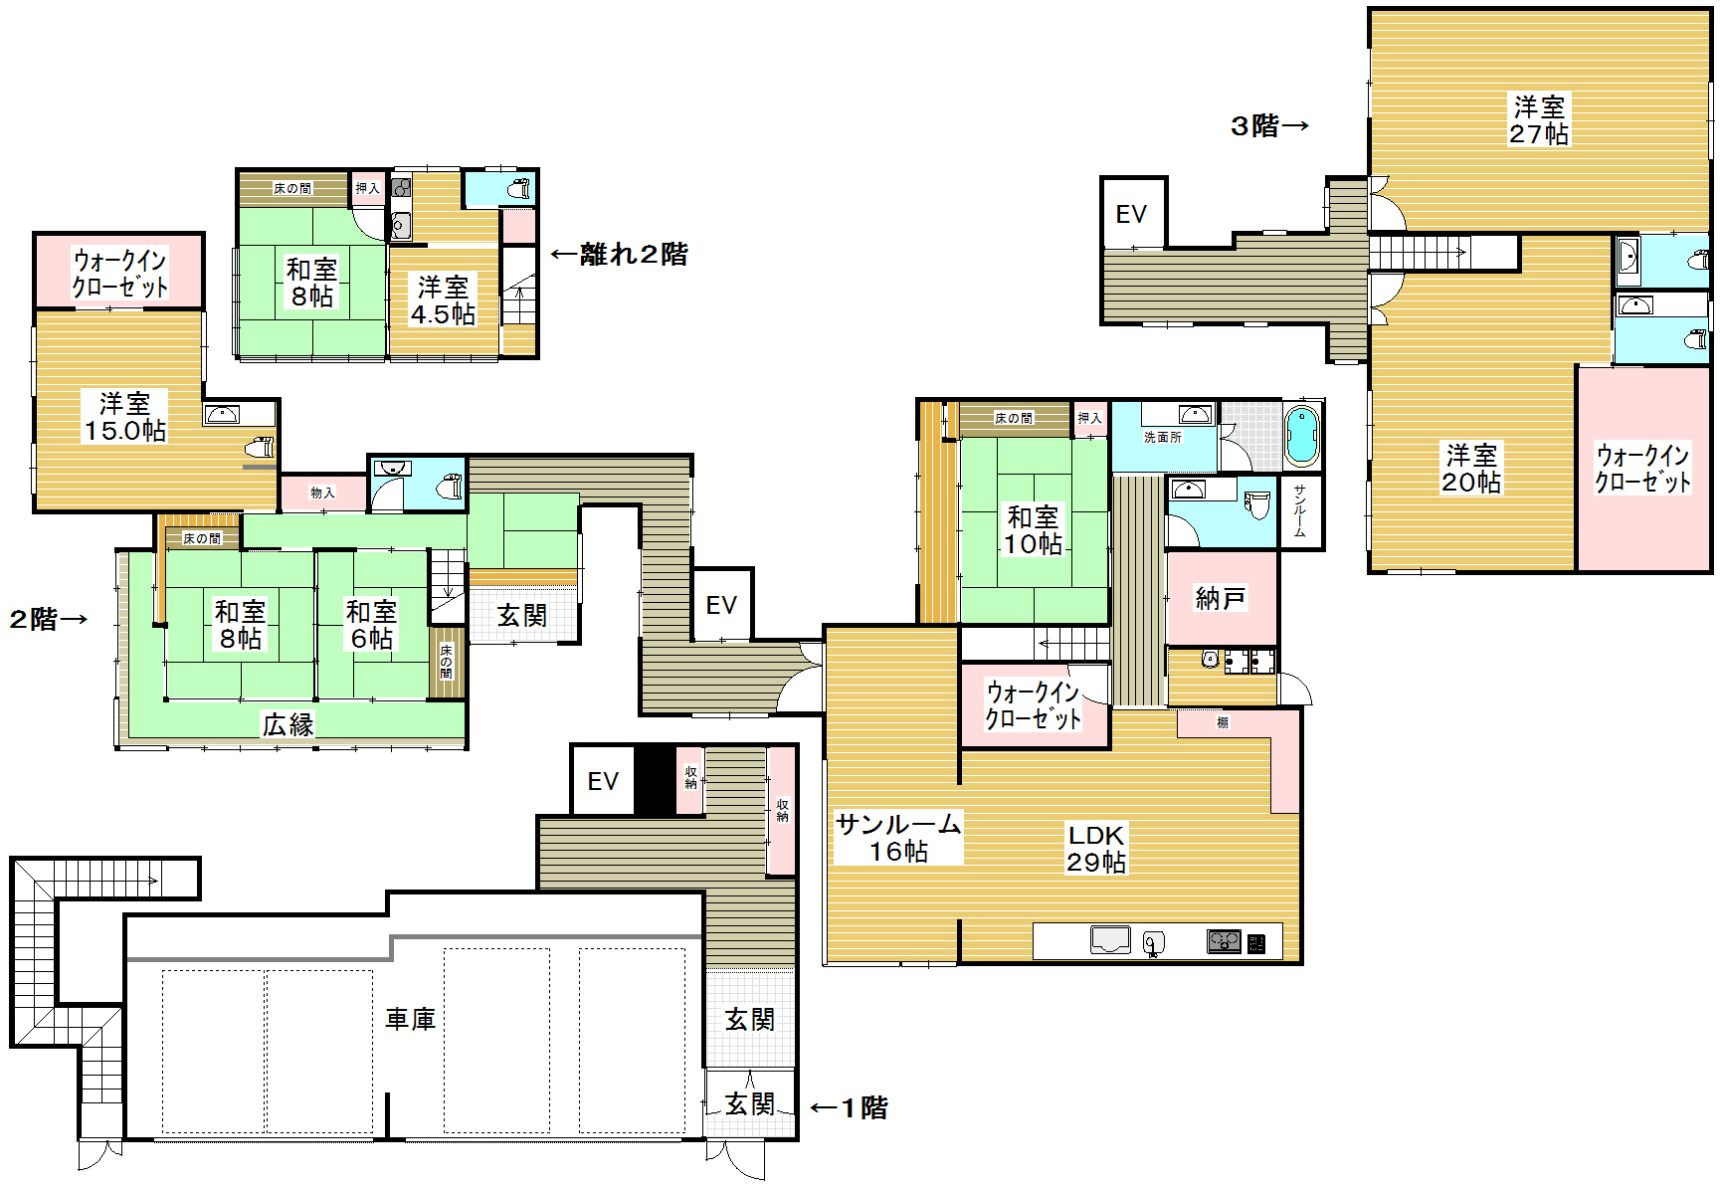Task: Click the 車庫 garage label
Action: [410, 1019]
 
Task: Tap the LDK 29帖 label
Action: [1096, 849]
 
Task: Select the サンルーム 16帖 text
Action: [898, 837]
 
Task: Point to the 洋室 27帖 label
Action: [1539, 119]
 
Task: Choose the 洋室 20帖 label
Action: [1471, 469]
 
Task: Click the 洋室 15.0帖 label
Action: [125, 417]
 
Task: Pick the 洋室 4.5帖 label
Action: [443, 300]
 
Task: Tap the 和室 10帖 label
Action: [1034, 530]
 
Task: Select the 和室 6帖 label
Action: [372, 625]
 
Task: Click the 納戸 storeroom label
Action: [1221, 598]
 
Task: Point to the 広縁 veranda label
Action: [287, 724]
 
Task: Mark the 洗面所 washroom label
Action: [1162, 437]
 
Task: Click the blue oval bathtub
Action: [1301, 435]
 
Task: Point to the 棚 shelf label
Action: [1223, 722]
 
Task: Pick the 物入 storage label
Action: [322, 493]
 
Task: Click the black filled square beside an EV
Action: [655, 780]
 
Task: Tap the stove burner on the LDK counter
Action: [1225, 940]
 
